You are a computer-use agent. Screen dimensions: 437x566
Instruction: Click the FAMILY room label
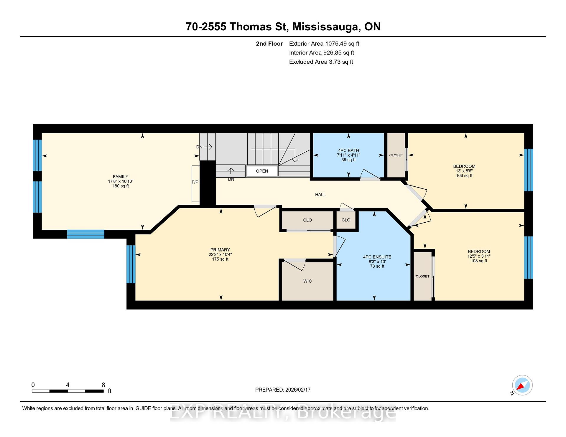click(x=120, y=177)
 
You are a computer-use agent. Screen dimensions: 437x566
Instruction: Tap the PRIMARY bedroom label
click(x=220, y=250)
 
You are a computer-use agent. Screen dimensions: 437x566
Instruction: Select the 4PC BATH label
click(x=348, y=150)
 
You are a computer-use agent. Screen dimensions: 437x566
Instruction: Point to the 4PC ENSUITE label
click(x=377, y=257)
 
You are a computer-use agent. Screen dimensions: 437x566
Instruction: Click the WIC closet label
click(x=307, y=281)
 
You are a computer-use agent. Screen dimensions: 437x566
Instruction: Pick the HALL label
click(x=320, y=195)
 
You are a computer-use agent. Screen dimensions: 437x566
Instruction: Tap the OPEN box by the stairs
click(x=262, y=171)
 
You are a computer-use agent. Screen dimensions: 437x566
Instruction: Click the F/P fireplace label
click(x=195, y=182)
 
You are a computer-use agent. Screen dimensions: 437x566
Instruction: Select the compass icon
click(x=522, y=385)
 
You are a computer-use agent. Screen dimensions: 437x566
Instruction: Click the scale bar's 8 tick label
click(x=103, y=385)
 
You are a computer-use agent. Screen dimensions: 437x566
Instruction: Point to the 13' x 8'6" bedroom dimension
click(x=464, y=171)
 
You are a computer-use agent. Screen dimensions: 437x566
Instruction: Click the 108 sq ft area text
click(x=479, y=261)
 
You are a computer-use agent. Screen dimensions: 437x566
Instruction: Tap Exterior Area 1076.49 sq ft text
click(x=324, y=44)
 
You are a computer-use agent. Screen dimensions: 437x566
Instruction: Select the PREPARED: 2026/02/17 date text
click(x=283, y=390)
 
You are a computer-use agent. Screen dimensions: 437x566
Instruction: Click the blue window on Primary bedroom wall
click(x=131, y=264)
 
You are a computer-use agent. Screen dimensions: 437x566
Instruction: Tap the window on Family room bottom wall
click(x=85, y=234)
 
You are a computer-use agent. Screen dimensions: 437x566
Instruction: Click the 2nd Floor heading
click(x=269, y=44)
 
